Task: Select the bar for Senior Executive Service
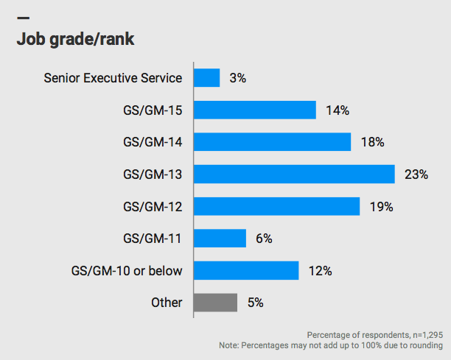[x=207, y=78]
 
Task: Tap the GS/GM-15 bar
[x=255, y=110]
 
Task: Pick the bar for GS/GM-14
[x=272, y=142]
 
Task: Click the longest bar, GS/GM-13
[x=295, y=174]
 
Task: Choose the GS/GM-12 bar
[x=277, y=206]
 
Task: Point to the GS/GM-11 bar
[x=220, y=239]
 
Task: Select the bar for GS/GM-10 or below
[x=246, y=270]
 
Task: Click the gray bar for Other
[x=215, y=303]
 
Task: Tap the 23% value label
[x=416, y=174]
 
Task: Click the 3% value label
[x=238, y=78]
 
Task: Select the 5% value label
[x=256, y=303]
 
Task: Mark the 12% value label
[x=321, y=271]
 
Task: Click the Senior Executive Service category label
[x=113, y=78]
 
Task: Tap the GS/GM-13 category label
[x=153, y=174]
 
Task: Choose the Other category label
[x=167, y=303]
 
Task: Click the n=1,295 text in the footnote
[x=425, y=333]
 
